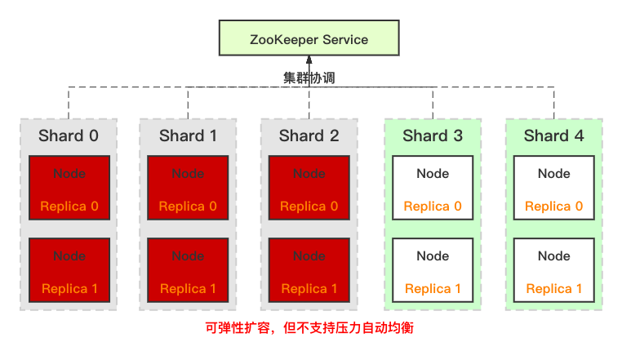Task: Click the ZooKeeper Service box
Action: [x=309, y=39]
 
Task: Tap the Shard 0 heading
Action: [x=69, y=136]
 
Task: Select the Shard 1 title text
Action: [x=188, y=136]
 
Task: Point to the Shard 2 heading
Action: [x=309, y=136]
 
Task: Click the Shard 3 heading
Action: [x=433, y=136]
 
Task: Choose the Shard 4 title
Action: [x=553, y=136]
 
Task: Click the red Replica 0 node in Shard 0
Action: [x=69, y=188]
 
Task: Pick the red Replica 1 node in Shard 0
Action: [x=69, y=270]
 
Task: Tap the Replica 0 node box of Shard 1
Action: [x=188, y=188]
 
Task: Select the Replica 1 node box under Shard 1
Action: [x=188, y=270]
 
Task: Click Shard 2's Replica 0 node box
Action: [x=309, y=188]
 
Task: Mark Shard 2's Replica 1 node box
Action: [x=309, y=270]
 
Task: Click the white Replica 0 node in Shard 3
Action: [x=433, y=188]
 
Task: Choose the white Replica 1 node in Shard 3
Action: [x=433, y=270]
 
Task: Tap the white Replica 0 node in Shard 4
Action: [x=553, y=188]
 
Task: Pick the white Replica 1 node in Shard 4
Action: [x=553, y=270]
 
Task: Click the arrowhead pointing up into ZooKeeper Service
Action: [x=309, y=60]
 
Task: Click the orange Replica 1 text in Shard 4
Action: [x=553, y=289]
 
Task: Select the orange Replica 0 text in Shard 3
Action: [x=433, y=207]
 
